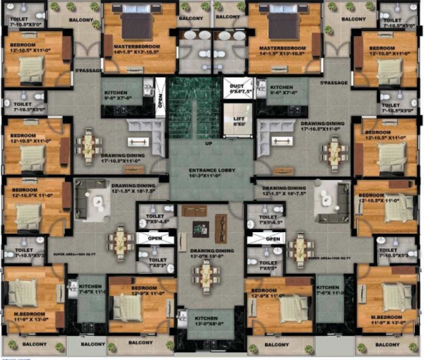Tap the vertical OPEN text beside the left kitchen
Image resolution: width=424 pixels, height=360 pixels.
tap(160, 99)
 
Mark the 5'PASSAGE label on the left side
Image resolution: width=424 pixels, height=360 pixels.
tap(86, 71)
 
